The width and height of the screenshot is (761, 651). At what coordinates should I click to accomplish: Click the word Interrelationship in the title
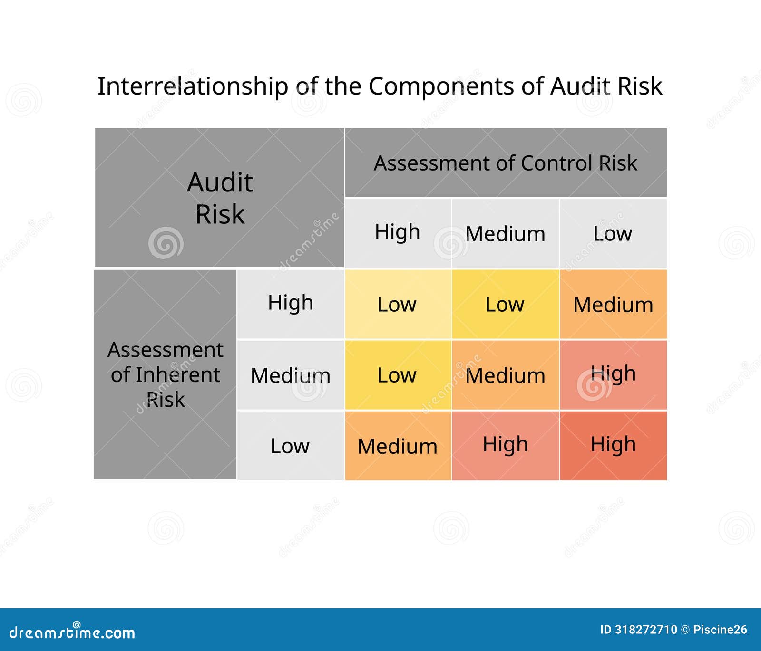(x=193, y=87)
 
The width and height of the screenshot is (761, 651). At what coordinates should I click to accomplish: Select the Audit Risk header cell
(x=220, y=198)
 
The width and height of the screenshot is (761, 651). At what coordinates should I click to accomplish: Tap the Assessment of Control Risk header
(x=506, y=163)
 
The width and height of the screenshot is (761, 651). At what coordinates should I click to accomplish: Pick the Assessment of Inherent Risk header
(x=165, y=374)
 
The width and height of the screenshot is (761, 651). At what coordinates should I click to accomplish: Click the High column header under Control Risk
(x=398, y=233)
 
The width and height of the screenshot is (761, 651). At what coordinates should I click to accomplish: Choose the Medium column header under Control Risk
(x=505, y=233)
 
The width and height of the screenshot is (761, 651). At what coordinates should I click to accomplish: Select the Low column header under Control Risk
(x=613, y=233)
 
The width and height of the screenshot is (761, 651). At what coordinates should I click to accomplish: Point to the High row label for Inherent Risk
(x=290, y=304)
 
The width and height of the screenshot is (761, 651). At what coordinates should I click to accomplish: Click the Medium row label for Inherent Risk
(x=290, y=375)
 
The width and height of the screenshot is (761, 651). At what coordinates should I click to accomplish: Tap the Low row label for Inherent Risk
(x=290, y=446)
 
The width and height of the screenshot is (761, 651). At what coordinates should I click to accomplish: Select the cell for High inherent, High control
(x=398, y=304)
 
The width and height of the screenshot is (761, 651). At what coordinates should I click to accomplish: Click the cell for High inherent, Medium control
(x=505, y=304)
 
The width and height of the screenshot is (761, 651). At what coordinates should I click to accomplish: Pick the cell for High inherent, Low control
(x=613, y=304)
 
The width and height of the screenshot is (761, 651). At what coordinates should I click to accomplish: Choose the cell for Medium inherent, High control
(x=398, y=375)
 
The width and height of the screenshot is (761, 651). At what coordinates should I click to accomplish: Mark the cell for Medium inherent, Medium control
(x=505, y=375)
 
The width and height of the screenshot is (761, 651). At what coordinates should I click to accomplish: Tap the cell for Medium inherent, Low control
(x=613, y=375)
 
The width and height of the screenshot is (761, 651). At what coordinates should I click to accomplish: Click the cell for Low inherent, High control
(x=398, y=446)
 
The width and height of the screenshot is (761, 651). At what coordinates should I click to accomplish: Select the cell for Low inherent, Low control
(x=613, y=446)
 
